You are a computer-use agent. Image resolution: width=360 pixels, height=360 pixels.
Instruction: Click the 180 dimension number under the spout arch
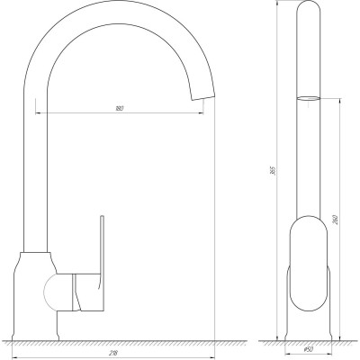click(x=119, y=109)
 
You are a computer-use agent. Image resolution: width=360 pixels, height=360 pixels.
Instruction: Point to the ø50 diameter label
click(x=308, y=351)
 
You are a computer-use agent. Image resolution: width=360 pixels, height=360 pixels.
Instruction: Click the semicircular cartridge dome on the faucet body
click(x=51, y=292)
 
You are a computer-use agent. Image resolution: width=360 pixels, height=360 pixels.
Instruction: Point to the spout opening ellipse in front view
click(x=307, y=97)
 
